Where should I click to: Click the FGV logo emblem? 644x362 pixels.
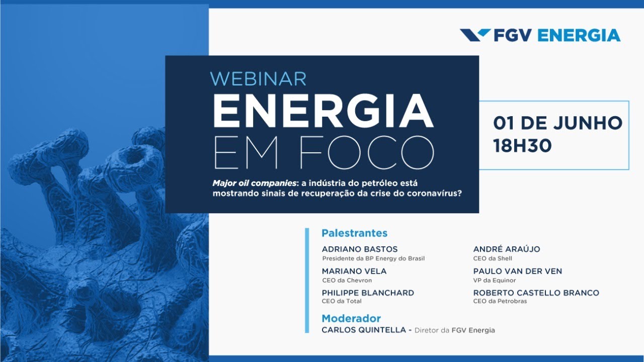pyautogui.click(x=475, y=35)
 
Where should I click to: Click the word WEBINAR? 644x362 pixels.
pyautogui.click(x=258, y=79)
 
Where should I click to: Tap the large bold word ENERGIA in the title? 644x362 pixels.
pyautogui.click(x=323, y=111)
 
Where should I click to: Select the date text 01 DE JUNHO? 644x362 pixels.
pyautogui.click(x=557, y=123)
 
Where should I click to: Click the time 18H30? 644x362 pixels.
pyautogui.click(x=522, y=146)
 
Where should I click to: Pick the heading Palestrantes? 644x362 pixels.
pyautogui.click(x=354, y=233)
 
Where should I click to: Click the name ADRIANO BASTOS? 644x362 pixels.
pyautogui.click(x=360, y=249)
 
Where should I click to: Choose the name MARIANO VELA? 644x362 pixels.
pyautogui.click(x=354, y=271)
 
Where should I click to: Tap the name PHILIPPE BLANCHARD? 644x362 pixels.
pyautogui.click(x=368, y=293)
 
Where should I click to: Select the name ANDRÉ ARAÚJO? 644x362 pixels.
pyautogui.click(x=507, y=249)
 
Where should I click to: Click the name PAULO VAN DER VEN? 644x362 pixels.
pyautogui.click(x=518, y=271)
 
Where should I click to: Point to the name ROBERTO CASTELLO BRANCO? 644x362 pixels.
pyautogui.click(x=536, y=293)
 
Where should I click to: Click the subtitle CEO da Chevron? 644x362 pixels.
pyautogui.click(x=347, y=281)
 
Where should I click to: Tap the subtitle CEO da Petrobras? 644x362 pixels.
pyautogui.click(x=500, y=302)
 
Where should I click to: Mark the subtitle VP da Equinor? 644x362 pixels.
pyautogui.click(x=495, y=281)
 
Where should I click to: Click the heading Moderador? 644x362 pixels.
pyautogui.click(x=351, y=319)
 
